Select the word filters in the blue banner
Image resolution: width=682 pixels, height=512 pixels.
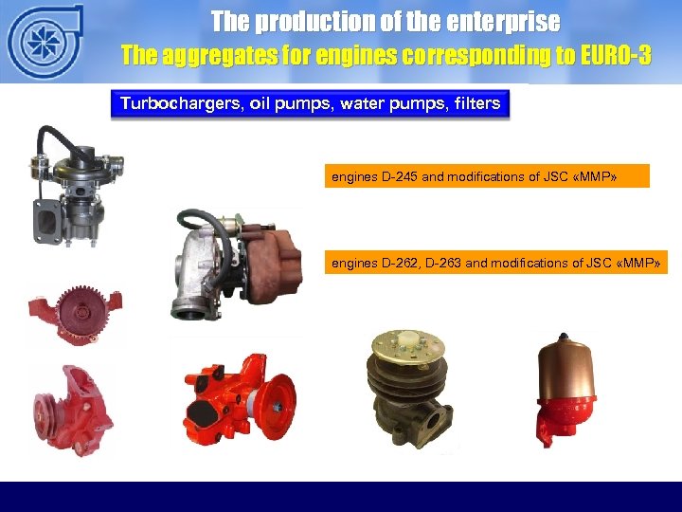tap(476, 102)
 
